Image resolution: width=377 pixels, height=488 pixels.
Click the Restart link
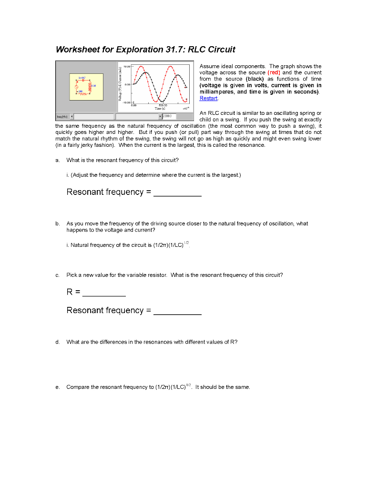tap(208, 98)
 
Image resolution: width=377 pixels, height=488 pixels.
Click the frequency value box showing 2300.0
tap(170, 116)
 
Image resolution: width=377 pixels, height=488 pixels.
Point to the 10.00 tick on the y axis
tap(127, 67)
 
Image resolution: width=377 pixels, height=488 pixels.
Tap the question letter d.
tap(57, 342)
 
